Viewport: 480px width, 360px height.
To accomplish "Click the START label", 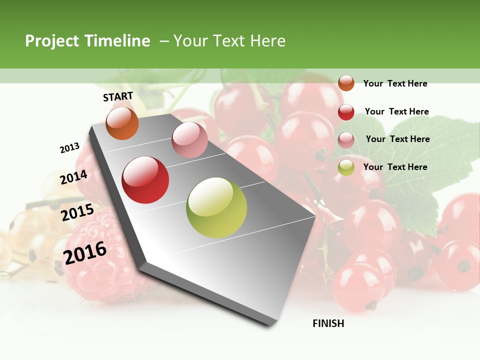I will tap(118, 96).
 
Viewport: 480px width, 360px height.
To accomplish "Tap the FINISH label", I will tap(328, 323).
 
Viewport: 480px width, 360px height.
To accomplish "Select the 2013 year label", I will tap(69, 148).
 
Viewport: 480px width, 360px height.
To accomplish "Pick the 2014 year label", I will tap(73, 177).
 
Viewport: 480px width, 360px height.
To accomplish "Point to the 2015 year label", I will tap(77, 212).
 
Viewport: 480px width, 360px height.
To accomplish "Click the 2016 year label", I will tap(85, 252).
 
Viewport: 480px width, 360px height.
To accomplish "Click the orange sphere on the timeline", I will tap(122, 123).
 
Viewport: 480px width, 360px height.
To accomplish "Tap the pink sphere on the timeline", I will tap(189, 140).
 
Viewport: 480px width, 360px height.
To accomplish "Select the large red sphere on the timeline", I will tap(145, 180).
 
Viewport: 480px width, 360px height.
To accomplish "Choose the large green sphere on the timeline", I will tap(216, 207).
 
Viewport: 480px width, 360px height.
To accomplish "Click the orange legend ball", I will tap(346, 83).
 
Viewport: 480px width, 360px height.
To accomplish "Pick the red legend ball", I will tap(346, 112).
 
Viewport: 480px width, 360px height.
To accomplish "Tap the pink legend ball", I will tap(346, 140).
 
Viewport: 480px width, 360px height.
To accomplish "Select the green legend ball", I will tap(346, 167).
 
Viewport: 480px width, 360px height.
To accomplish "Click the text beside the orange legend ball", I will tap(395, 83).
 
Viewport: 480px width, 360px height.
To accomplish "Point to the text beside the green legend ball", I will tap(395, 167).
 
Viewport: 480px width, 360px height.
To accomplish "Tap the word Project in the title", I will tap(52, 41).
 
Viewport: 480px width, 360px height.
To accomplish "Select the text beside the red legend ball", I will tap(396, 111).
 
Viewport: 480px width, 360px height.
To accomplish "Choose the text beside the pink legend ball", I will tap(397, 139).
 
